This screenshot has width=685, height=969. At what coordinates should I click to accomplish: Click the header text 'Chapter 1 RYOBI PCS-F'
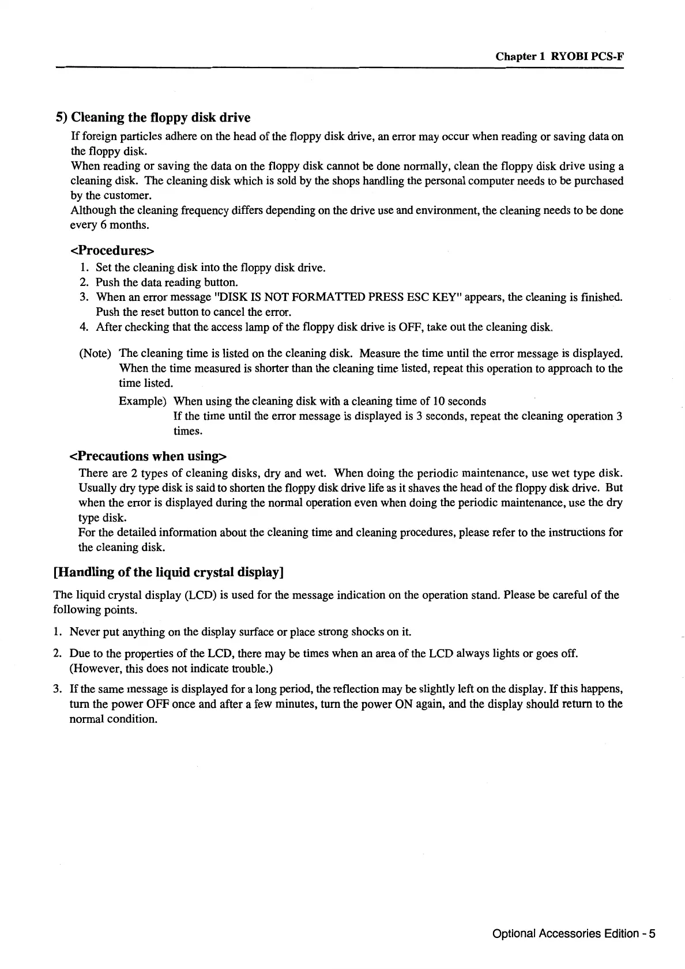click(560, 56)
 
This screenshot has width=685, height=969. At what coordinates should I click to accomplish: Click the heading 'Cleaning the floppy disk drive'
click(160, 118)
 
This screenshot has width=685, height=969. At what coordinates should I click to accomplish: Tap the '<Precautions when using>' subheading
click(148, 457)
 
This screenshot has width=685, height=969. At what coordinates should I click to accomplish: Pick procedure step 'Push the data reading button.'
click(167, 282)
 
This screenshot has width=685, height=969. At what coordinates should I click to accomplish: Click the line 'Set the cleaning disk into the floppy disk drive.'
click(210, 268)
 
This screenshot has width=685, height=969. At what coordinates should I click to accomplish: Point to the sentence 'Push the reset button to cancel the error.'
click(193, 312)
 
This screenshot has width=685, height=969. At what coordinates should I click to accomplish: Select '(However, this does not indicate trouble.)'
click(171, 669)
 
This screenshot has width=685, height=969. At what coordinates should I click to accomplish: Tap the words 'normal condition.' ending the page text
click(113, 719)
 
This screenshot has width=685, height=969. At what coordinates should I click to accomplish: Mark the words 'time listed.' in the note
click(146, 383)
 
